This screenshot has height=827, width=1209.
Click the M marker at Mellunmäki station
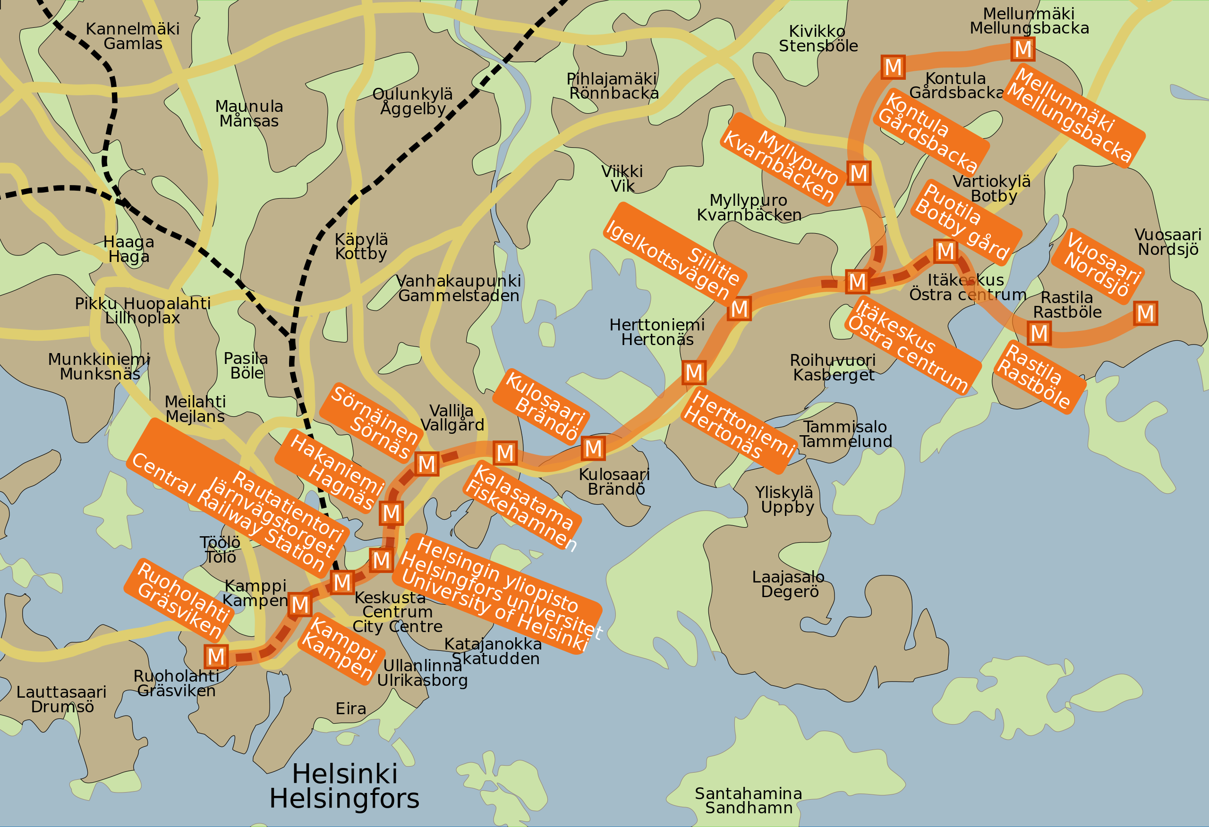1023,50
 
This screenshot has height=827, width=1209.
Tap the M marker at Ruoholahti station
216,657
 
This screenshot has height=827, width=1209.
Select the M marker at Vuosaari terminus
1145,313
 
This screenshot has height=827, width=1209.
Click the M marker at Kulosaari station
593,448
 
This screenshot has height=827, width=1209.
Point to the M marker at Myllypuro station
859,173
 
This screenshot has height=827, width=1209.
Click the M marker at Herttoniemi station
693,373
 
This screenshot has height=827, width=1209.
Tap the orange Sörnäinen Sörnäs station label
374,423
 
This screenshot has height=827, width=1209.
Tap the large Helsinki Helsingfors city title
344,786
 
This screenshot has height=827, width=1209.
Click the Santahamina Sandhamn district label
748,801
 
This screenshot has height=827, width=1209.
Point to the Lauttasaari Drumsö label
61,700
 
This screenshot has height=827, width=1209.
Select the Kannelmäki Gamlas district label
133,36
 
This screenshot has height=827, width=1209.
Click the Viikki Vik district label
622,179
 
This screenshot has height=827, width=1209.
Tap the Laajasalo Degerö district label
789,584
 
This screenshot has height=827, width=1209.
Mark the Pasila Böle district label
246,366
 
